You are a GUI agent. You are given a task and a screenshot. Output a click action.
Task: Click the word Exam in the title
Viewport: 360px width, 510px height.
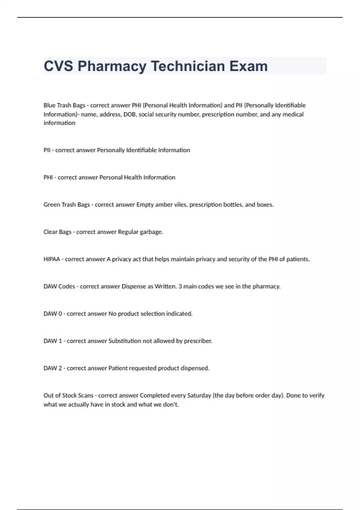(248, 66)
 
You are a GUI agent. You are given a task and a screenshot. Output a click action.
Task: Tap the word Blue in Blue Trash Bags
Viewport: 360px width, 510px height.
(49, 105)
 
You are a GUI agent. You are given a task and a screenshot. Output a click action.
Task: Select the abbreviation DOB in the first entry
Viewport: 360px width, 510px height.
(129, 114)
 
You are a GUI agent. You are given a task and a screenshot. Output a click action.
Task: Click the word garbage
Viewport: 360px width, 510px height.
(151, 232)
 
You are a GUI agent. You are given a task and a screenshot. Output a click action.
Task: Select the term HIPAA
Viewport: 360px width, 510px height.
(52, 259)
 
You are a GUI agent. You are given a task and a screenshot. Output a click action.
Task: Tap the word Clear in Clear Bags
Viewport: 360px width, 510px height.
(50, 232)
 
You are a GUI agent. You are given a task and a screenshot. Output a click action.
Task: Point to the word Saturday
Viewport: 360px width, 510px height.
(199, 396)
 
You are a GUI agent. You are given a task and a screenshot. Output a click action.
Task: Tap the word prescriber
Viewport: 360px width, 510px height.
(198, 341)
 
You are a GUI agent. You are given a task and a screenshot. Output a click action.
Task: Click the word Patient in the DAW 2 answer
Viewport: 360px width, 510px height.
(117, 368)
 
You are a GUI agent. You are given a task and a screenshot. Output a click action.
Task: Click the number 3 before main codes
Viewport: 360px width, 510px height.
(180, 286)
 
